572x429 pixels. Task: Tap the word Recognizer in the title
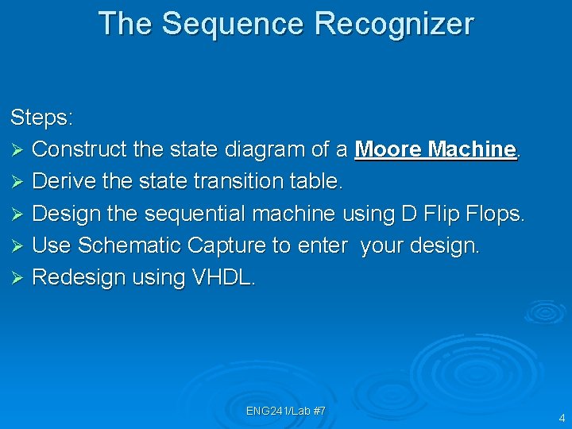point(394,24)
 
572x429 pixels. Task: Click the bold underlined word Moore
point(389,149)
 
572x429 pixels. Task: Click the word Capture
point(227,245)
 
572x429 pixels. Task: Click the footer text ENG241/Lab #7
point(286,411)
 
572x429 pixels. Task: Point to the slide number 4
point(562,418)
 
